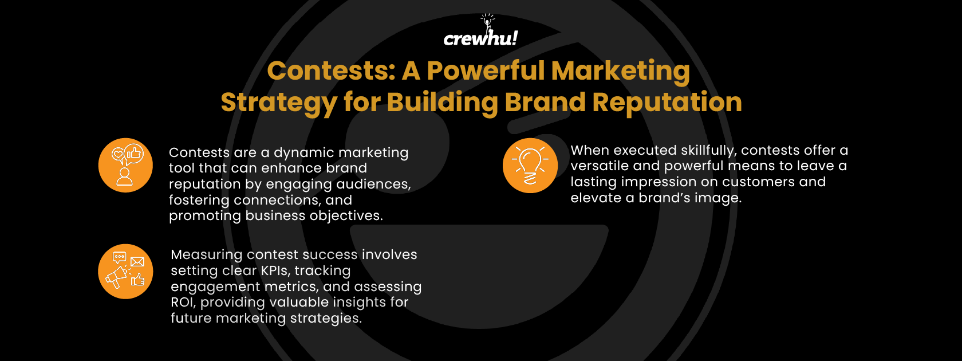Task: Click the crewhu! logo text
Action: point(480,38)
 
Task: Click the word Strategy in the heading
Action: point(278,103)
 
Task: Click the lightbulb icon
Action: point(530,165)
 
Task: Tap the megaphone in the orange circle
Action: point(117,277)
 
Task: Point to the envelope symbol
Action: point(137,262)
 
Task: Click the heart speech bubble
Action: point(118,154)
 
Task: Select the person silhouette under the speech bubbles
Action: point(124,176)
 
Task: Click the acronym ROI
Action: point(183,302)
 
